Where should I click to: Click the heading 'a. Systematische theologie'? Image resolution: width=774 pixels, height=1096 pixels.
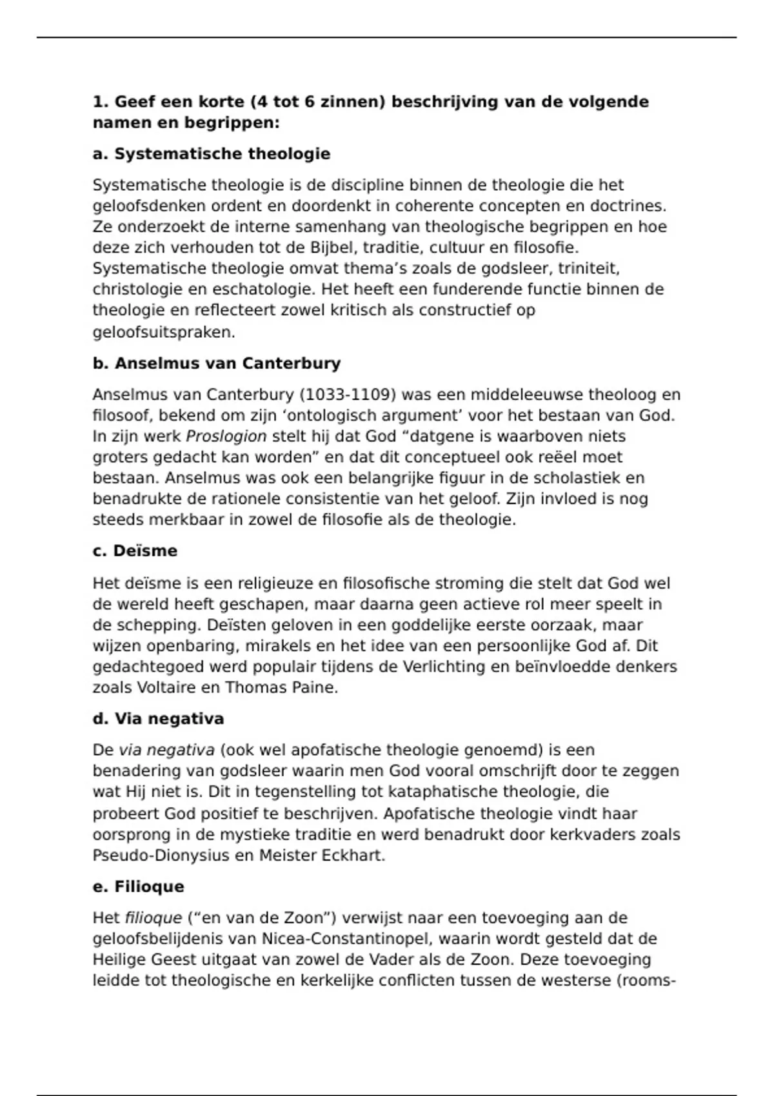[211, 154]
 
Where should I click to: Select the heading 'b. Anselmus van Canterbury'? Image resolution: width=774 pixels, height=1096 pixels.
[216, 364]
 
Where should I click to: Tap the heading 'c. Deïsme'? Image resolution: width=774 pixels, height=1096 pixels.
[135, 551]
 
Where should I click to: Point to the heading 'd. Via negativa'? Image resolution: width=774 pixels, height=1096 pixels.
[158, 719]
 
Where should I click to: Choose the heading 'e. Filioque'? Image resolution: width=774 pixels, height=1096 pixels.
[138, 887]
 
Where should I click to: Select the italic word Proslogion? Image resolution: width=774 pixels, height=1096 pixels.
[226, 436]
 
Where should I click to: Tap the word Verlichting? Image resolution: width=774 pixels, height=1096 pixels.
[444, 667]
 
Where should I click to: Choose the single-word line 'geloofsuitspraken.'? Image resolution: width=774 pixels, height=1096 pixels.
[164, 333]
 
